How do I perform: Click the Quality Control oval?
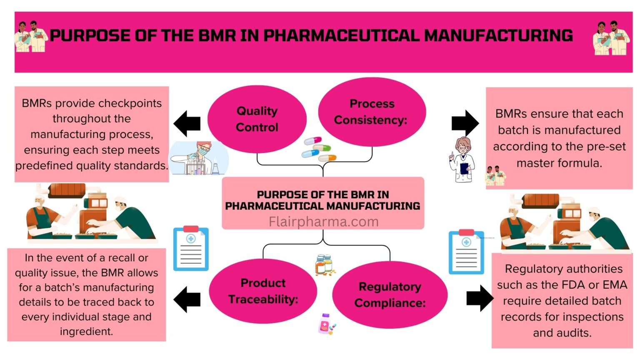coord(257,119)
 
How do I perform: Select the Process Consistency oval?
coord(371,112)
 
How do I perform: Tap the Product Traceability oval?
coord(263,291)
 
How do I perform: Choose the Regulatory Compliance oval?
coord(390,295)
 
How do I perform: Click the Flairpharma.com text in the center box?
coord(323,222)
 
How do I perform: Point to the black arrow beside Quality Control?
coord(187,123)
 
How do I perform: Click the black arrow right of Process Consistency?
coord(465,123)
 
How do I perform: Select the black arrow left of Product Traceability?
coord(187,299)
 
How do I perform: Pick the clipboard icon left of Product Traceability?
coord(191,249)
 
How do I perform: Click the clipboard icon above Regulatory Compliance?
coord(466,252)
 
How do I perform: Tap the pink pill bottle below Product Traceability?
coord(326,325)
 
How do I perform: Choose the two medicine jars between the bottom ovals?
coord(324,265)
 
